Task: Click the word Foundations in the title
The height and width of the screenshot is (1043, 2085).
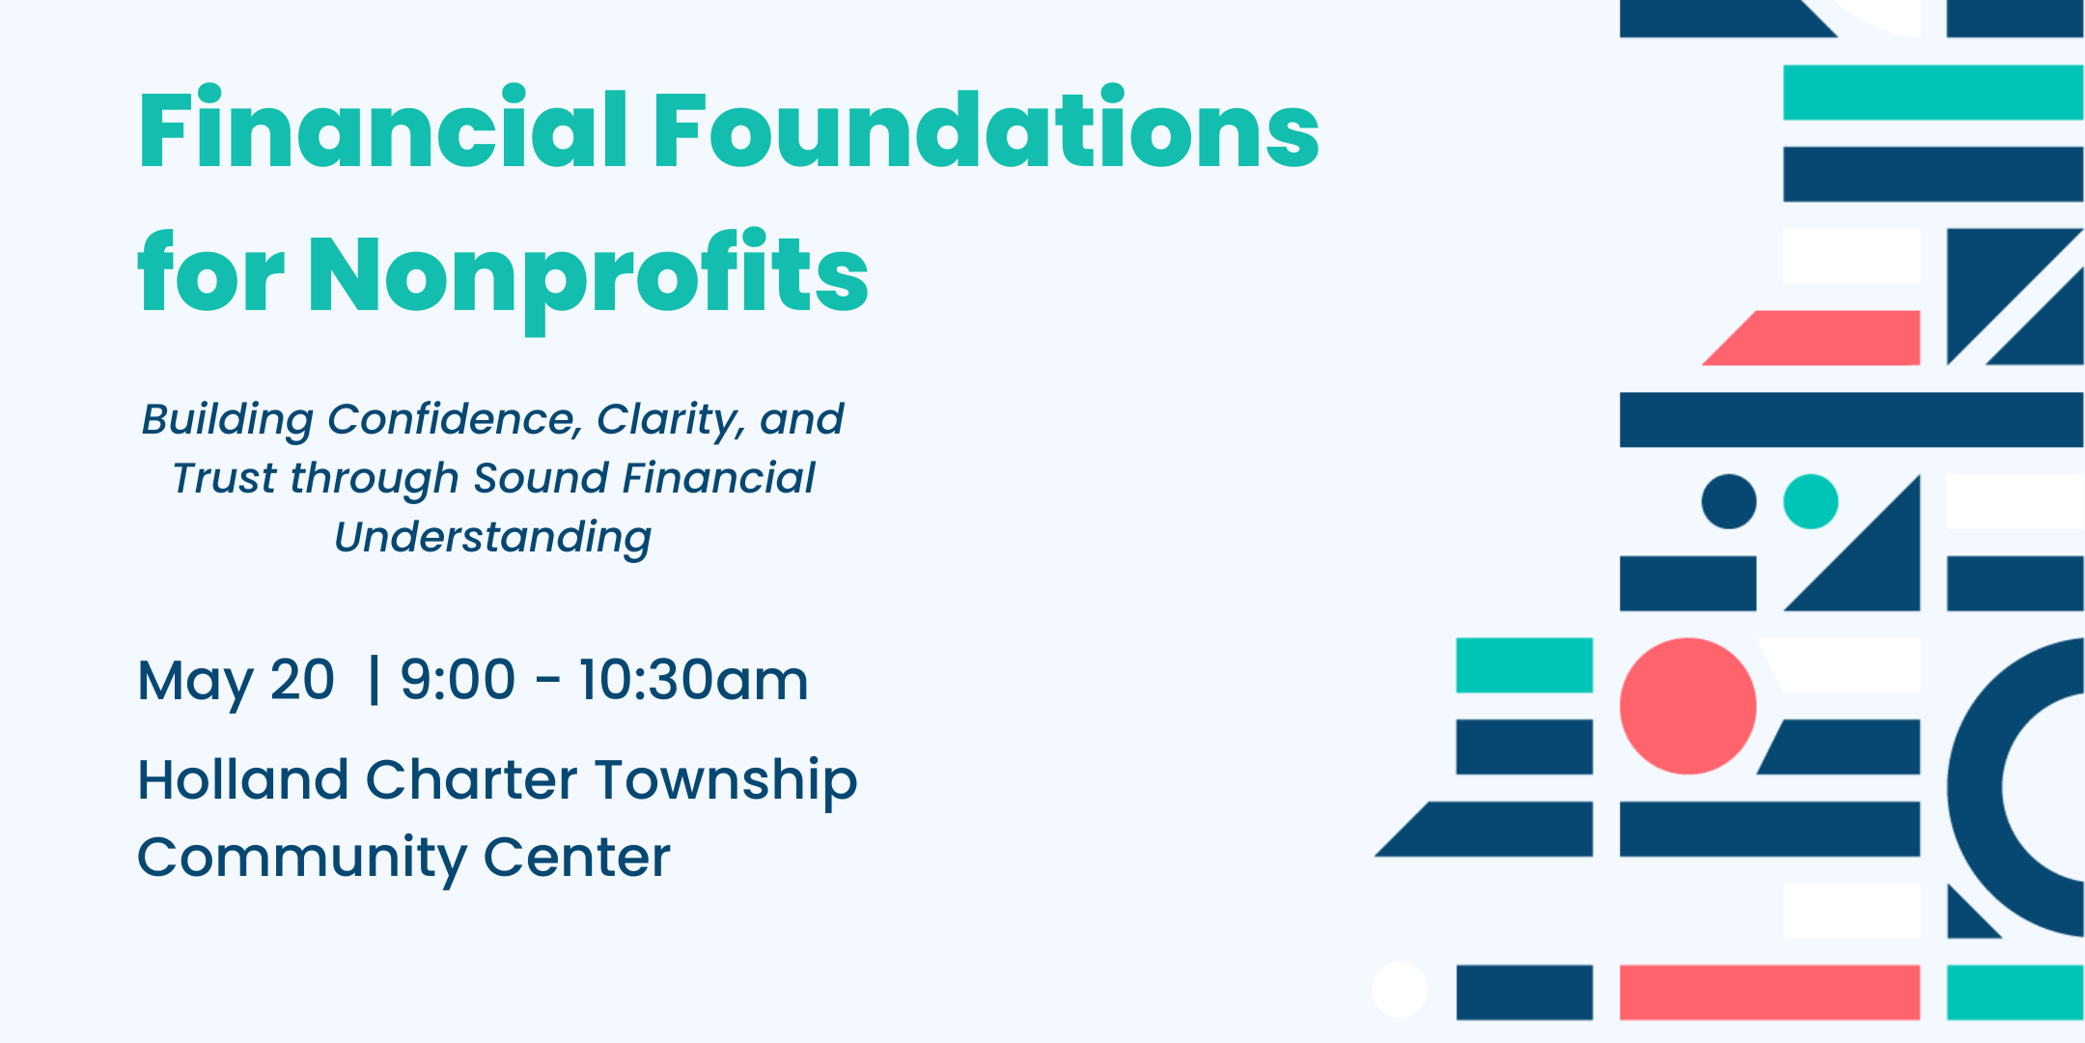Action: [987, 128]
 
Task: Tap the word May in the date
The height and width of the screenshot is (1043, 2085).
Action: [197, 682]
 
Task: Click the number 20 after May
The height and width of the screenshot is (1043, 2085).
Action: [302, 680]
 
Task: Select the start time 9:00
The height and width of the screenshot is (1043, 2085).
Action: [458, 680]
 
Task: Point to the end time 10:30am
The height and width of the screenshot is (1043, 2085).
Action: [693, 680]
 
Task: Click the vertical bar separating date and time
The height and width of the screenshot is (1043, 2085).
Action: [374, 680]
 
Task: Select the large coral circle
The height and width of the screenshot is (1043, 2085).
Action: [1687, 706]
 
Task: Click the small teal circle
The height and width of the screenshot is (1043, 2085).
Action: [1810, 501]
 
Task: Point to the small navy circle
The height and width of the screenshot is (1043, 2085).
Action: [1728, 501]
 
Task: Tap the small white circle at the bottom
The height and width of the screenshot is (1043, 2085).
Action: [1400, 990]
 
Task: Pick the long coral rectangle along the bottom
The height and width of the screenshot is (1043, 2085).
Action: [1769, 992]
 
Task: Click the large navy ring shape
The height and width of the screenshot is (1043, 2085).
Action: [1975, 787]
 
